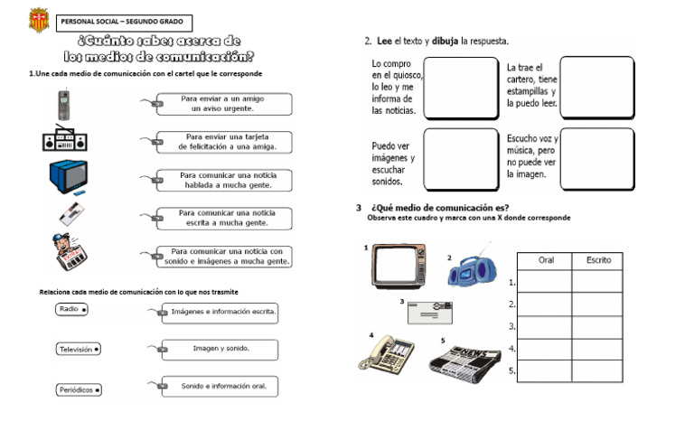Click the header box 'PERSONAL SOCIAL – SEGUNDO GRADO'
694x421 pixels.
[123, 22]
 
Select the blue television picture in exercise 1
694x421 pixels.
[68, 176]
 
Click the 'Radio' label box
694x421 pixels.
[71, 309]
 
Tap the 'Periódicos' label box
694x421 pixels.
[79, 390]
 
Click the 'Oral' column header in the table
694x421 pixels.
[546, 260]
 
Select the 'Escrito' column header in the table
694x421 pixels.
[598, 260]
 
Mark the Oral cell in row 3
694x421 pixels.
[546, 326]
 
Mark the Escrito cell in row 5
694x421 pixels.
[598, 370]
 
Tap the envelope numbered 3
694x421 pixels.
[430, 312]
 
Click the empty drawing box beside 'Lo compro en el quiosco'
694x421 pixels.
[461, 89]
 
